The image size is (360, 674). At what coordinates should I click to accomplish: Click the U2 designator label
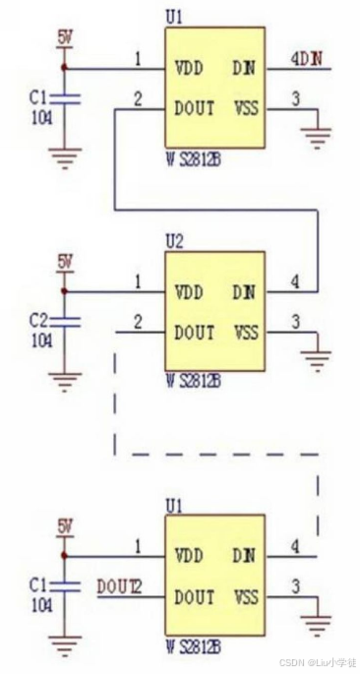174,239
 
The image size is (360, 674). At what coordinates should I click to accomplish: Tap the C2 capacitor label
38,321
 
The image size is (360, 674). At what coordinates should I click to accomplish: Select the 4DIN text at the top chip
305,61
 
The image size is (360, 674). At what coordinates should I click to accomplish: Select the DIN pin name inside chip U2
243,292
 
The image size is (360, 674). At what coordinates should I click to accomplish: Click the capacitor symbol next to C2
65,322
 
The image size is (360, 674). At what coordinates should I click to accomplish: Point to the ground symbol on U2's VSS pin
316,362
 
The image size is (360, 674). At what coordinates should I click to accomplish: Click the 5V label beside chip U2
65,262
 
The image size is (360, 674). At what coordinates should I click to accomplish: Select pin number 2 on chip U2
138,322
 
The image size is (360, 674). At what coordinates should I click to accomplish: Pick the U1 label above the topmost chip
174,15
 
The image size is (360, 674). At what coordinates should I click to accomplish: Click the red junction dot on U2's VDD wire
65,292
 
